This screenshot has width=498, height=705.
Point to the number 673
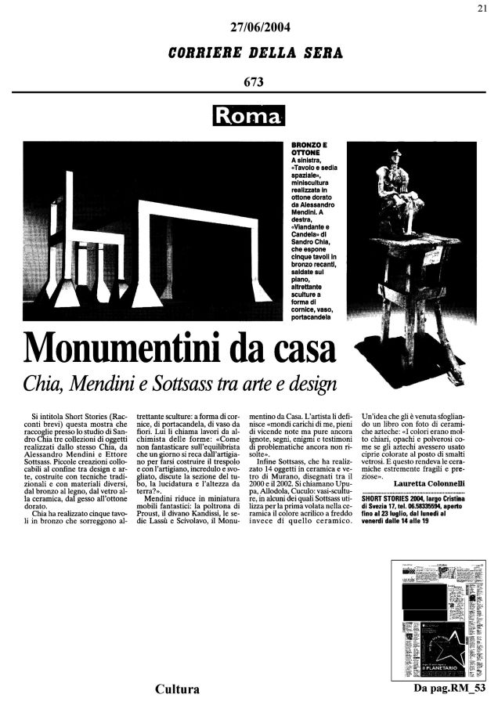click(x=253, y=81)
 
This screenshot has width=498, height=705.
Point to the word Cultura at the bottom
click(x=176, y=689)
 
